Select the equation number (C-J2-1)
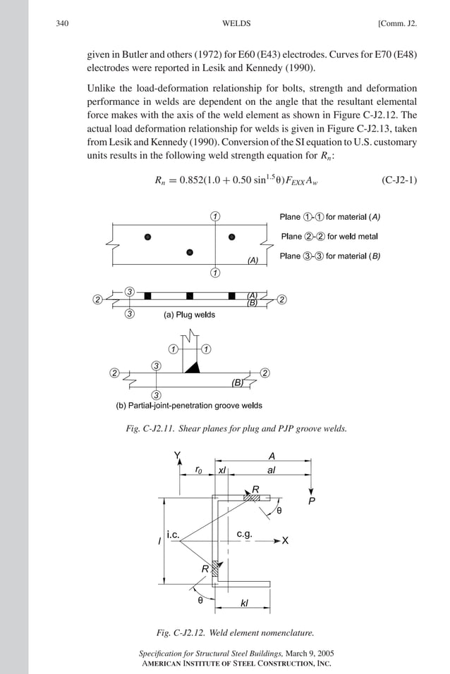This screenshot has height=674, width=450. (399, 180)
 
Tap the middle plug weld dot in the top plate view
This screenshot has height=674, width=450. (190, 252)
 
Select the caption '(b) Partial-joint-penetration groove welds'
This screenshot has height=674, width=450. (189, 406)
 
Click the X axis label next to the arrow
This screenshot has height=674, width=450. (286, 541)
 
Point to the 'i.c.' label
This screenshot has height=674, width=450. (174, 535)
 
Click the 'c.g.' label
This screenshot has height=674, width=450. (245, 535)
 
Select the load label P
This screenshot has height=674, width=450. (312, 501)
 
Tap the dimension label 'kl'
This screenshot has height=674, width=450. (244, 603)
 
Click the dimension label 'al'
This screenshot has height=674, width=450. (271, 469)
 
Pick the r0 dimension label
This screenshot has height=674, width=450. (199, 469)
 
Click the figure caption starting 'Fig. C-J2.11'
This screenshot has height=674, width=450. (236, 428)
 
